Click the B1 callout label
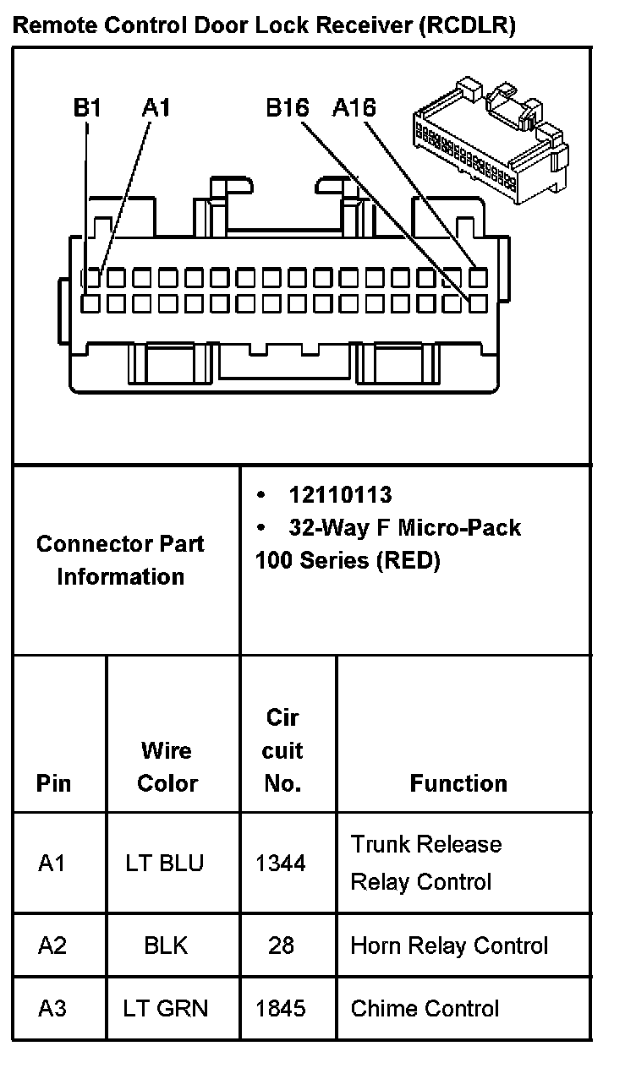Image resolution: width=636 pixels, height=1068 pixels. pos(87,107)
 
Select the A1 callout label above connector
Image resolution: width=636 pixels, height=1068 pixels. pos(156,107)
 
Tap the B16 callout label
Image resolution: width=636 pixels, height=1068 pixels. pos(288,107)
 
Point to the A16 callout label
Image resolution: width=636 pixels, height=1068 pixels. pos(354,107)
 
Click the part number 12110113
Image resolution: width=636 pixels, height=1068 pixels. pos(340,495)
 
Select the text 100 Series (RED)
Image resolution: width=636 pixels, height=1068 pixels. pos(348,560)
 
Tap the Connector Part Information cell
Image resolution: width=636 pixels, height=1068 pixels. pos(120,559)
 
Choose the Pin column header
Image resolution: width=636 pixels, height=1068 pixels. pos(53,783)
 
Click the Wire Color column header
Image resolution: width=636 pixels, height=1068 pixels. pos(167,766)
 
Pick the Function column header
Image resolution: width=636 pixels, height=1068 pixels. pos(458,783)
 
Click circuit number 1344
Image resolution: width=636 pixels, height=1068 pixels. pos(281,864)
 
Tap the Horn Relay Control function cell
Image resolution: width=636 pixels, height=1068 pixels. pos(449,945)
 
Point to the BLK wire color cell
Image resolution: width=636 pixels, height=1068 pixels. pos(166,945)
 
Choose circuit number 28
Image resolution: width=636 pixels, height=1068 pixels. pos(281,945)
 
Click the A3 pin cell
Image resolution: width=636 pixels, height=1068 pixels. pos(52,1008)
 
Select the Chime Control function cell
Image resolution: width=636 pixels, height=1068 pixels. pos(425,1008)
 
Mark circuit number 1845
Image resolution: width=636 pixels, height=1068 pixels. pos(281,1008)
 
